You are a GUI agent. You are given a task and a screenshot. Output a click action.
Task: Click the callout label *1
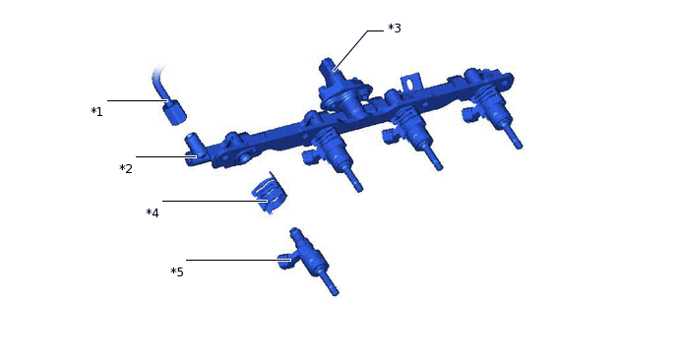coord(96,112)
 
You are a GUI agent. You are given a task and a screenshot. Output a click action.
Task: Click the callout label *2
coord(126,169)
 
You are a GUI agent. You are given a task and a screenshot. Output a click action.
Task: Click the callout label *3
coord(395,29)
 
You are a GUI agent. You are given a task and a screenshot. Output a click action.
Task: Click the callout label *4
coord(153,212)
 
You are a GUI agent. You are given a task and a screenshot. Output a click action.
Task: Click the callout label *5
coord(177,271)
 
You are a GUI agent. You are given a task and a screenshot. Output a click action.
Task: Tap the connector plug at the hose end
coord(174,112)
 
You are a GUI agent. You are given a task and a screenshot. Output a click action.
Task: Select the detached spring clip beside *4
coord(270,193)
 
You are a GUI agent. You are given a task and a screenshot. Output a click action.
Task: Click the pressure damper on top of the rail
coord(344,91)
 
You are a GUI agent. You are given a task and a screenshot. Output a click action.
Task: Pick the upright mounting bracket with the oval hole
coord(410,83)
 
